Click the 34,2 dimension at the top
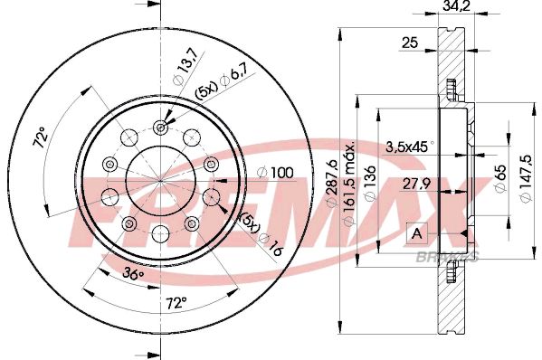[x=456, y=5]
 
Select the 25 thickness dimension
[x=410, y=43]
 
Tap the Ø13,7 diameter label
[x=185, y=65]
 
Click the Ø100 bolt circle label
[x=275, y=173]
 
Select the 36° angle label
[x=133, y=274]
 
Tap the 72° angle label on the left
[x=41, y=137]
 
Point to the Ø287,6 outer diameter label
[x=332, y=183]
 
